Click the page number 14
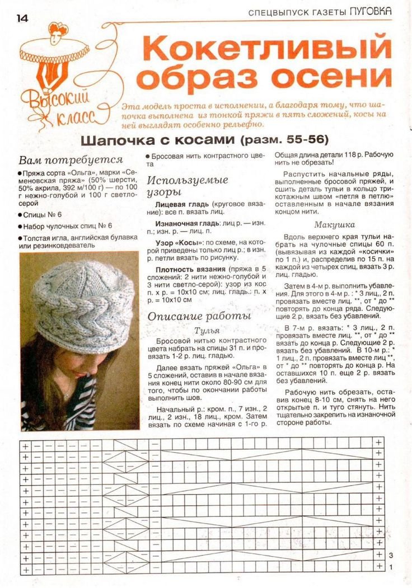pos(22,18)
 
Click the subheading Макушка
pos(334,225)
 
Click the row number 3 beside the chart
pos(392,554)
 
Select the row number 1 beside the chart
pos(392,567)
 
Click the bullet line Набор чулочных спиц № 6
pos(68,227)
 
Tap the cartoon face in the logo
pos(55,37)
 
